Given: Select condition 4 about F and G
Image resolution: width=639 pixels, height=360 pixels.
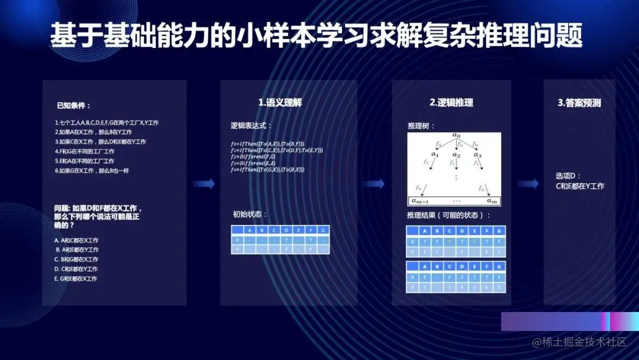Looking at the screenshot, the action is [85, 152].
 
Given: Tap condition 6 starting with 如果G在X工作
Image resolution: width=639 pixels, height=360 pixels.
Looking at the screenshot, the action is [92, 171].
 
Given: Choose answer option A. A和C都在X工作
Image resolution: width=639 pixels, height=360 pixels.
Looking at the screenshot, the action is [76, 240].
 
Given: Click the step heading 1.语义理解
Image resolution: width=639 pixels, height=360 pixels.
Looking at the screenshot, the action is [280, 102].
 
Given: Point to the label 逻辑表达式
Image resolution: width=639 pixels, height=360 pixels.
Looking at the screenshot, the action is [252, 126].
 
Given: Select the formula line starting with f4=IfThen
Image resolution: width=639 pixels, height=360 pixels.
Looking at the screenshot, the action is [267, 169].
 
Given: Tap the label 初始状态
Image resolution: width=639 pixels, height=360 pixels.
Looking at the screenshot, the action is [250, 214].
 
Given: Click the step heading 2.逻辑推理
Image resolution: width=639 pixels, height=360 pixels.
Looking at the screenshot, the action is [451, 102].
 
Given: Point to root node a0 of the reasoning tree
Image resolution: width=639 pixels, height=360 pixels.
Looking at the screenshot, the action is [456, 136].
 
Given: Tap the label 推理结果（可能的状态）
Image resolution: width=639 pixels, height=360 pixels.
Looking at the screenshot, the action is [448, 215].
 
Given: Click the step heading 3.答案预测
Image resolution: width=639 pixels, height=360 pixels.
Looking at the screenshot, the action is [579, 102].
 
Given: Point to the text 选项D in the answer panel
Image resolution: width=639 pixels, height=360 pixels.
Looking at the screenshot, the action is [569, 176].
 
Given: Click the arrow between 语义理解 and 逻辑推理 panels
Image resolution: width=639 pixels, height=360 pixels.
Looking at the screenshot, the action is [373, 184].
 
